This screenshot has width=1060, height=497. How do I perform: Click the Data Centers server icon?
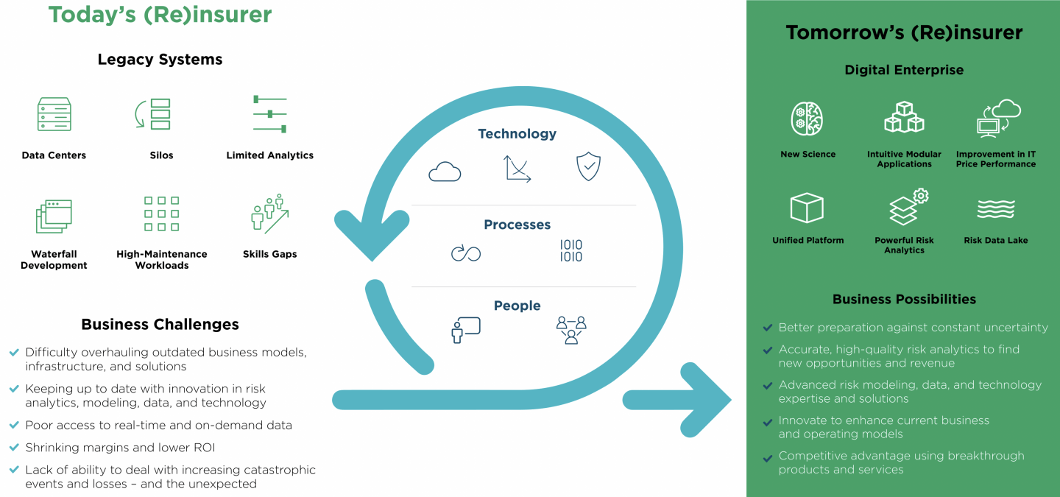(x=54, y=114)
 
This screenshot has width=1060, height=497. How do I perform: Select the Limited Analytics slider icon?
(x=269, y=114)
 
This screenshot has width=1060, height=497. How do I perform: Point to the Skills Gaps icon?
(x=269, y=214)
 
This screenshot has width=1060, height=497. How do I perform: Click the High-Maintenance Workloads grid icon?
(x=161, y=214)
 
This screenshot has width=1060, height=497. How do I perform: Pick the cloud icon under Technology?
(x=445, y=172)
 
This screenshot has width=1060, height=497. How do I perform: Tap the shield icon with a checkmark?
(x=588, y=167)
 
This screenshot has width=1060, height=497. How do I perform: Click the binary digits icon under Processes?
(x=570, y=251)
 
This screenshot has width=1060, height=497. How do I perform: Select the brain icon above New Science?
(x=807, y=119)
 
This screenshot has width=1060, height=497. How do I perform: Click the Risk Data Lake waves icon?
(x=996, y=209)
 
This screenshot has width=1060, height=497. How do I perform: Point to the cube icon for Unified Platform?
(x=807, y=208)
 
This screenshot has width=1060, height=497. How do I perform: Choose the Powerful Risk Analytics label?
(x=904, y=245)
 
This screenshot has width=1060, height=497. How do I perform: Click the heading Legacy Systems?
(x=160, y=60)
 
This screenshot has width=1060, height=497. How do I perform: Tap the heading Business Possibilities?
(x=904, y=299)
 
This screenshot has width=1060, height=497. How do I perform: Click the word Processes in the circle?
(x=517, y=225)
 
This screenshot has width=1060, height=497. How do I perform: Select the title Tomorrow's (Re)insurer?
(x=904, y=32)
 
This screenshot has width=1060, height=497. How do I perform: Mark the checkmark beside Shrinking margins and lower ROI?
(x=14, y=447)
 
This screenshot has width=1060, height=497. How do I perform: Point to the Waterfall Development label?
(x=54, y=260)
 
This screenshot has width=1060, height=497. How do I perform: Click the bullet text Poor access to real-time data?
(x=158, y=425)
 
